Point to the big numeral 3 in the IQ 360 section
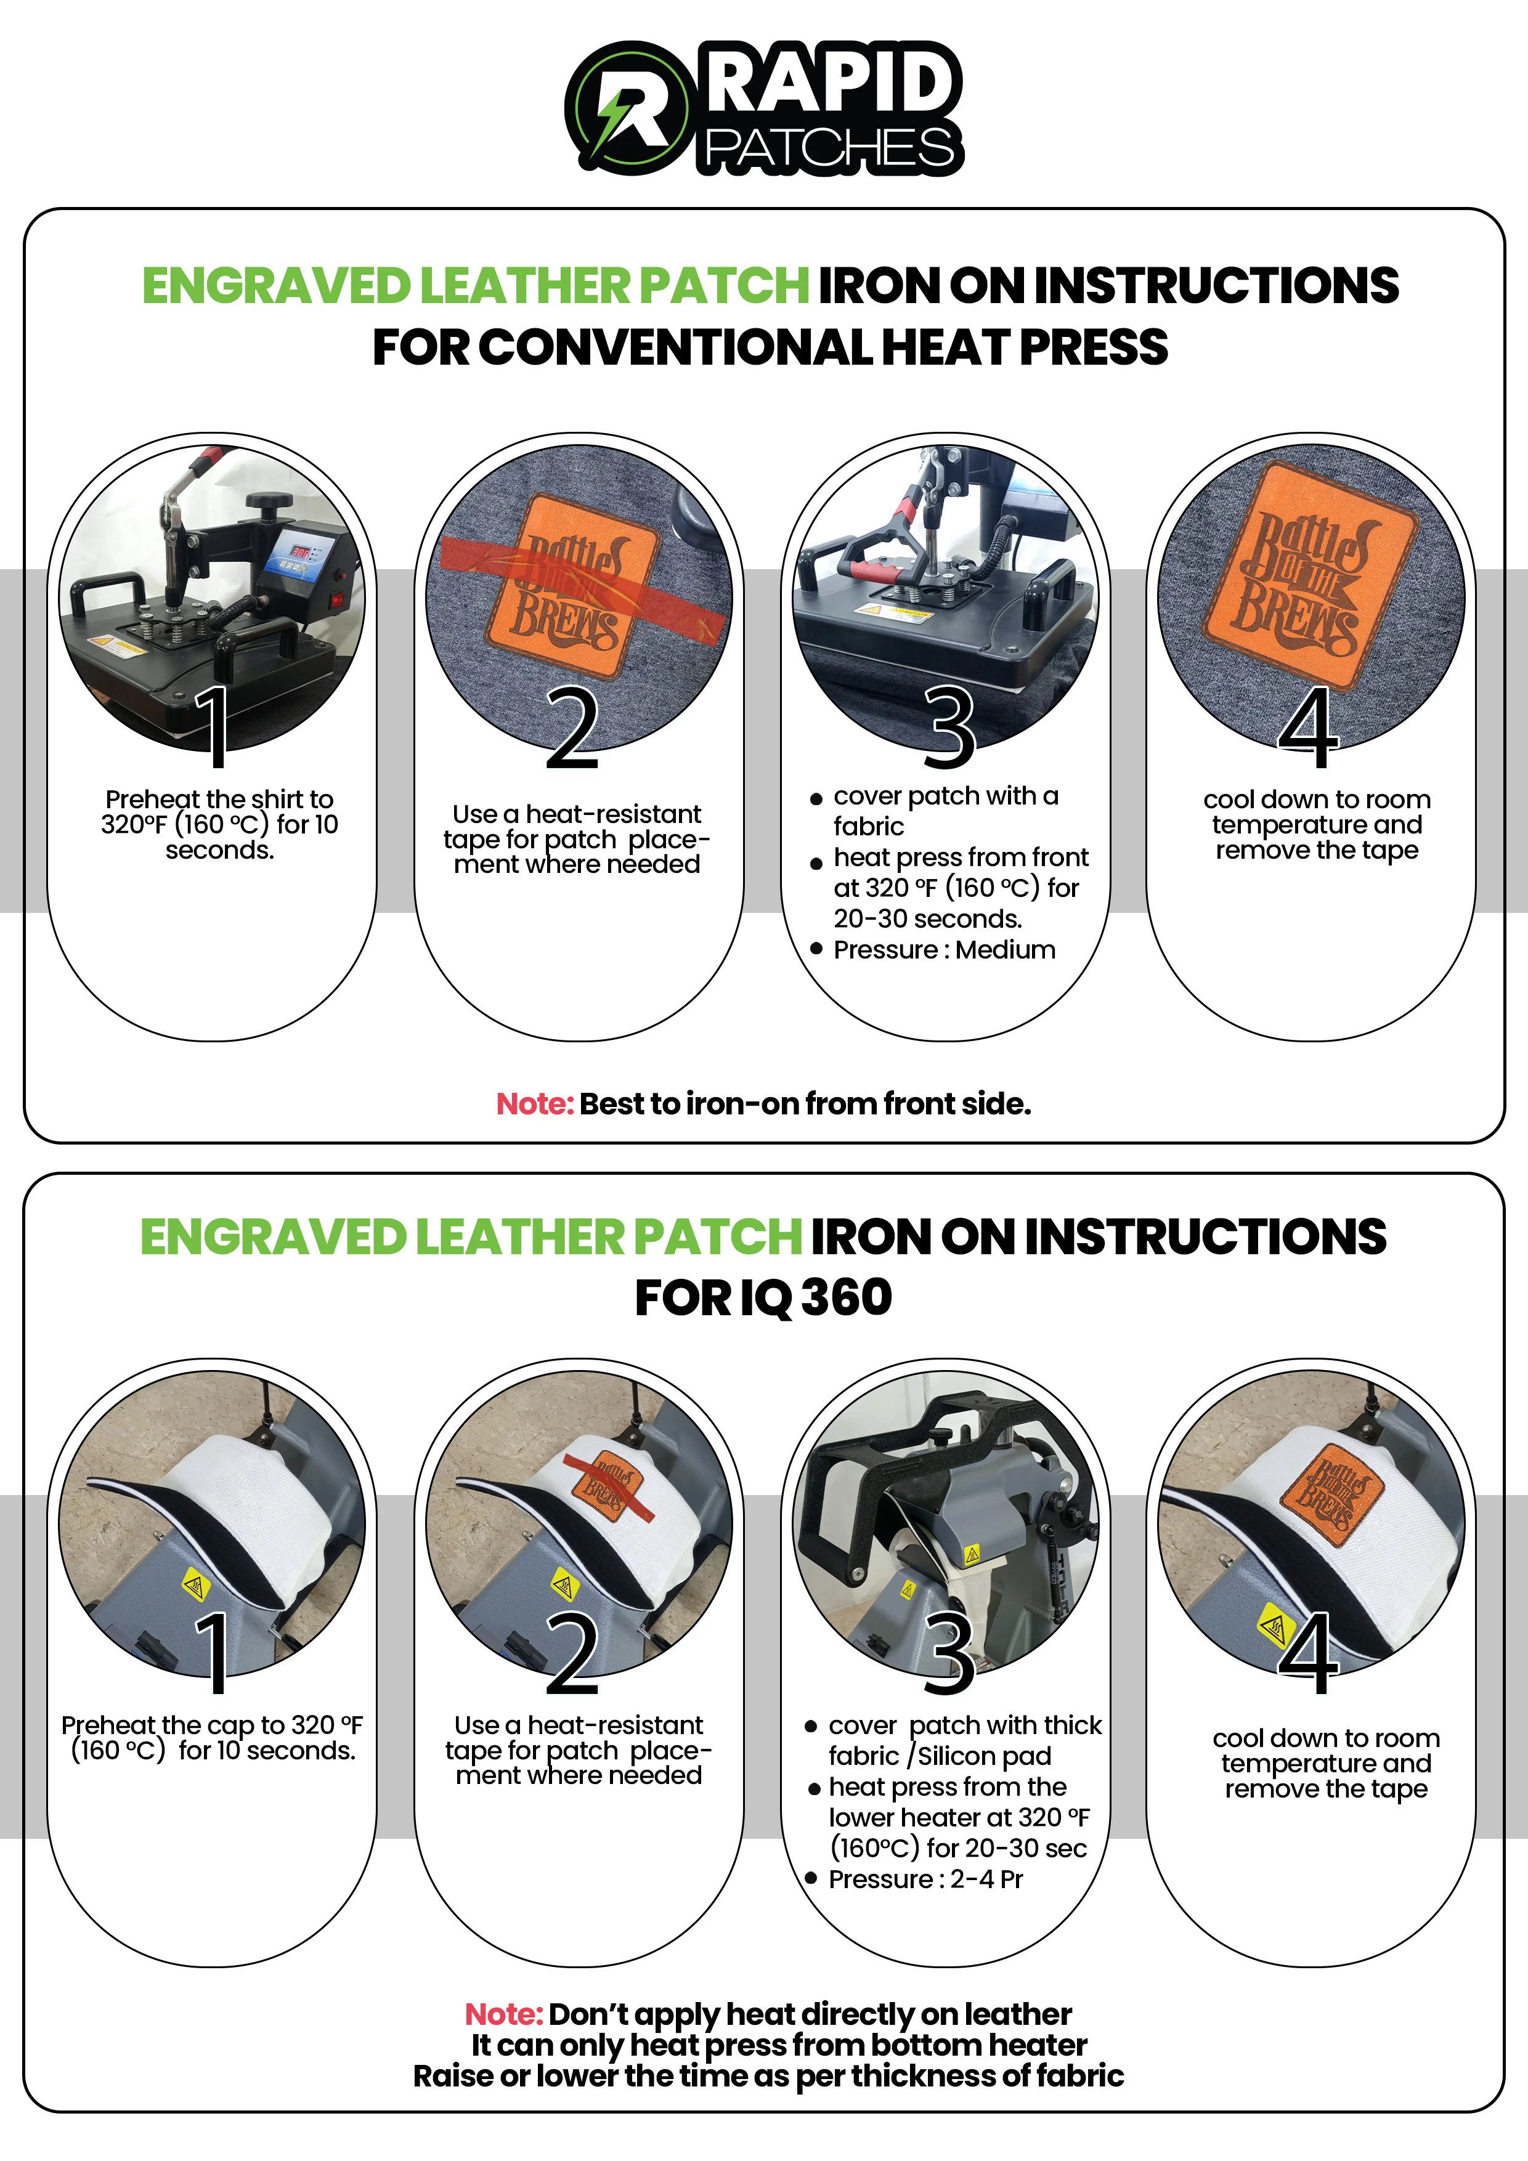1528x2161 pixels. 949,1653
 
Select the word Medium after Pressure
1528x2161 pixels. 1006,950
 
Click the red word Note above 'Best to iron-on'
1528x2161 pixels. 535,1103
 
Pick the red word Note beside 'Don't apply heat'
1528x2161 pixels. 503,2014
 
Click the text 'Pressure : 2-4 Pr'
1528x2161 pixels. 925,1879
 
